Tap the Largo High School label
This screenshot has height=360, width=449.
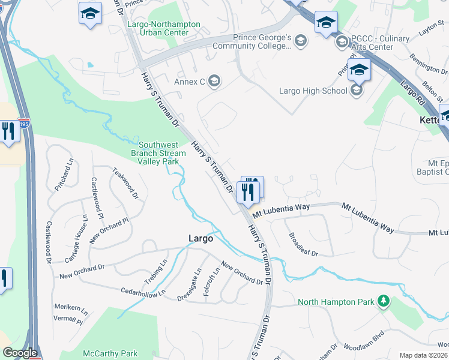click(x=313, y=91)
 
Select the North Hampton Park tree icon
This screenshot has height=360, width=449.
click(x=383, y=301)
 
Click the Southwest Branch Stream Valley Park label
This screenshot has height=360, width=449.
click(x=162, y=153)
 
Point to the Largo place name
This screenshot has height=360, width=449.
click(x=200, y=238)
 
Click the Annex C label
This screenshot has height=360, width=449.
click(x=190, y=82)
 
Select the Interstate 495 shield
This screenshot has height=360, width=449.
click(x=23, y=124)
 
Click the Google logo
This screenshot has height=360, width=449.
click(x=20, y=353)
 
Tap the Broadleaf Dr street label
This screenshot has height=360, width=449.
click(x=303, y=244)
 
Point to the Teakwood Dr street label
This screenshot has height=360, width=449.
click(x=125, y=183)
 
